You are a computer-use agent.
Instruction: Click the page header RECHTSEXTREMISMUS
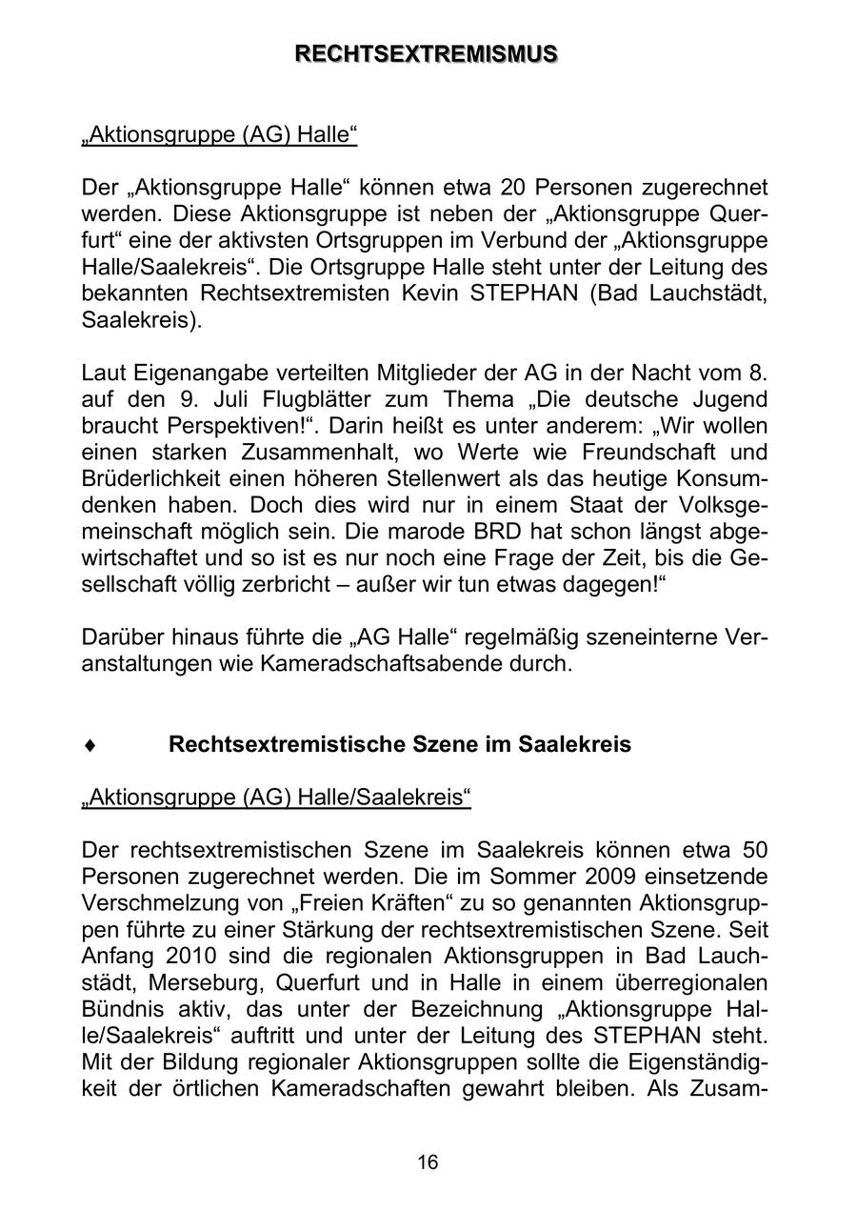pos(427,54)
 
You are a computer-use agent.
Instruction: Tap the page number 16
pos(428,1161)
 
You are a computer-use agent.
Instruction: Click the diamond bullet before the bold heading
pos(89,744)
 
